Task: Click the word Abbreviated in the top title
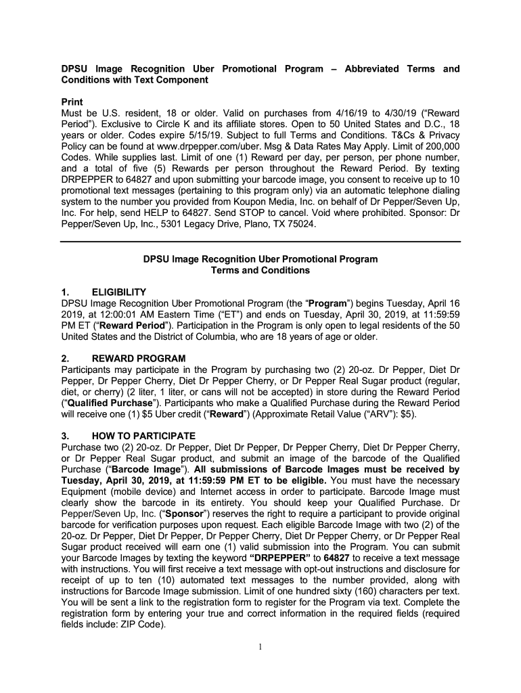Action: click(x=371, y=69)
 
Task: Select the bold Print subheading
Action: click(x=72, y=102)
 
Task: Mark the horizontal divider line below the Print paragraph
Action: click(x=260, y=242)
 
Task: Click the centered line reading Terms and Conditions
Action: click(x=260, y=270)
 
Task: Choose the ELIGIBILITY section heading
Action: click(x=119, y=292)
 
